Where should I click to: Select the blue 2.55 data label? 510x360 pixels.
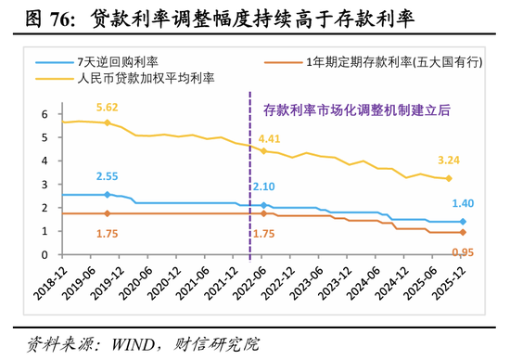click(108, 176)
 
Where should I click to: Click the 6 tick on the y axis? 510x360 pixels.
click(44, 114)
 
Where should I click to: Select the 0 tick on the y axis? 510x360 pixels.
click(44, 254)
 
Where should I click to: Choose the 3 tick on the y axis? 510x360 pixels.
click(44, 185)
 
